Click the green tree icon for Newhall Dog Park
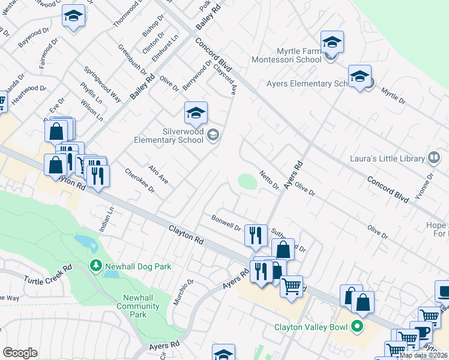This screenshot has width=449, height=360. (95, 265)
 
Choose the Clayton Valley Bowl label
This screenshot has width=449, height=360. (312, 327)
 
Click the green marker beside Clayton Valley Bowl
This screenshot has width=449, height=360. (357, 327)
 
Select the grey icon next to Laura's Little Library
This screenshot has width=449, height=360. (434, 158)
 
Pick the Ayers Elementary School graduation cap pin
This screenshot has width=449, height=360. (360, 77)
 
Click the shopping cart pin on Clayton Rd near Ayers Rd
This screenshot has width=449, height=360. (291, 287)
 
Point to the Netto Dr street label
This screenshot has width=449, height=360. (269, 180)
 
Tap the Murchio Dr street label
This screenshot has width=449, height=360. (183, 292)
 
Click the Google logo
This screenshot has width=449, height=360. (20, 353)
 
